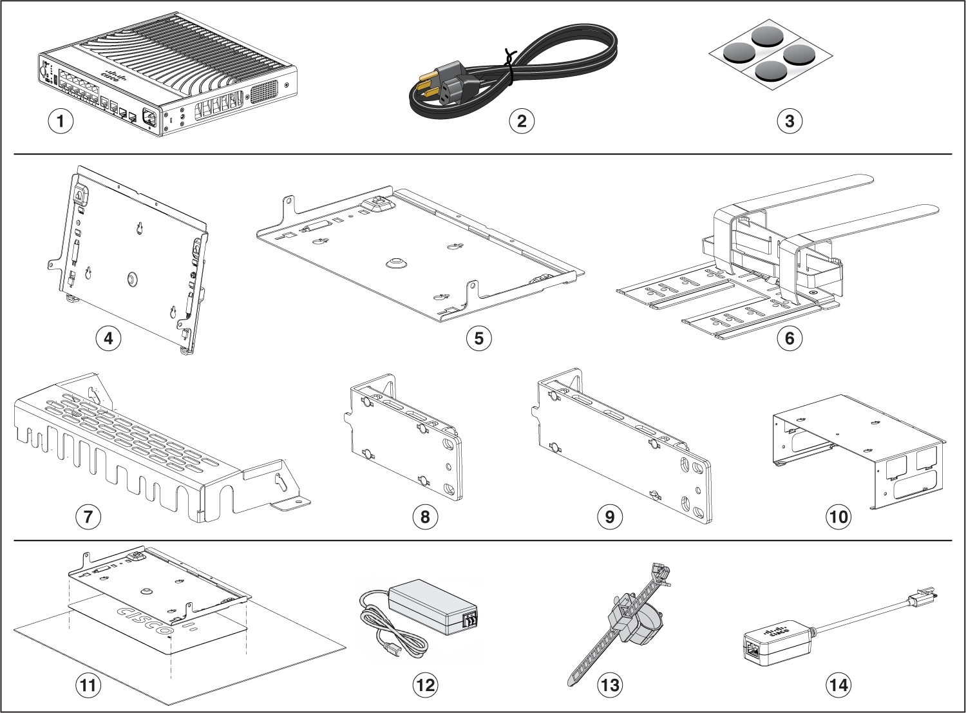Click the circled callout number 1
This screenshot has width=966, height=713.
[61, 120]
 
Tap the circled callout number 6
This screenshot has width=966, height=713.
[790, 338]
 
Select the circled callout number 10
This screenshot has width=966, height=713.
[838, 517]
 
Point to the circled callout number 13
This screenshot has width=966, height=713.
[609, 685]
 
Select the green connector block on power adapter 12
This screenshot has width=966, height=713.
[469, 620]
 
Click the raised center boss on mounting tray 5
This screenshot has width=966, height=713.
[395, 263]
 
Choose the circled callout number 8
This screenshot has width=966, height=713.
[425, 517]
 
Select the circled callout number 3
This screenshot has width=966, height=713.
[790, 120]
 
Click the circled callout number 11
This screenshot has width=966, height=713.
[88, 685]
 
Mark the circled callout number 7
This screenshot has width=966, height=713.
[88, 517]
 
